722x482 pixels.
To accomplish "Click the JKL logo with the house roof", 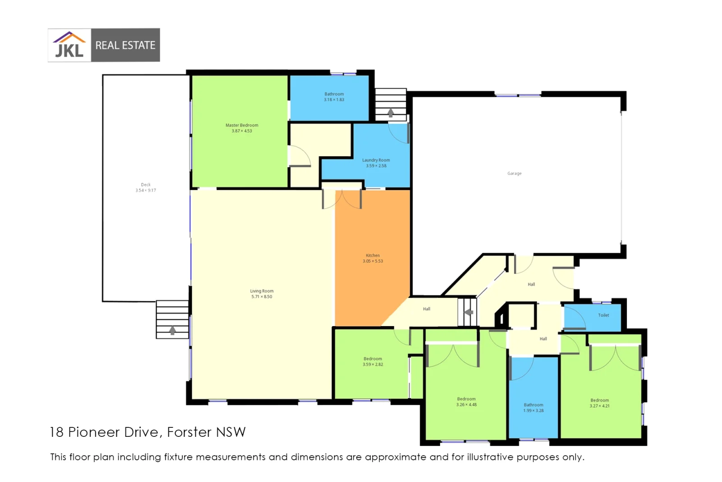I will pos(69,45).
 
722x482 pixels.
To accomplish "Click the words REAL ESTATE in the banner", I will pos(125,45).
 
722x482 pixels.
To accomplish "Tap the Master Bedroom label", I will pos(242,125).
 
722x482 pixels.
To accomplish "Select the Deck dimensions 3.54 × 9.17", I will pos(145,190).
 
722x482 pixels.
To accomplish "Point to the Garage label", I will pos(514,173).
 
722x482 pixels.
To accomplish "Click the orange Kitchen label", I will pos(373,256).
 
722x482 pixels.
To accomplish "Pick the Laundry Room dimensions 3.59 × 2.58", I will pos(376,166).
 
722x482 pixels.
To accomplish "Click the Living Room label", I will pos(262,291).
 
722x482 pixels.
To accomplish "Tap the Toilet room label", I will pos(603,315).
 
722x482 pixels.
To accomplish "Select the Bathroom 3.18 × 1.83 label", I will pos(334,97).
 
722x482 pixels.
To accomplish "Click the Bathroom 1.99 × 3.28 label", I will pos(533,407).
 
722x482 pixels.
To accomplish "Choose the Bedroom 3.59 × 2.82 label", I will pos(373,361).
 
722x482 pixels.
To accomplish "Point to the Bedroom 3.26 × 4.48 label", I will pos(466,402).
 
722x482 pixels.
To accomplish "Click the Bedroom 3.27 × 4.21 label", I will pos(599,403).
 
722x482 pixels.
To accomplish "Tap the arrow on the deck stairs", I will pos(172,331).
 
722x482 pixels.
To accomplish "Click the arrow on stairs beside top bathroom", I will pos(391,112).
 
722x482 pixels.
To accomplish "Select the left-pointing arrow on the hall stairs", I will pos(469,312).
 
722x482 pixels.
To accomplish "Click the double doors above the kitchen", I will pos(342,199).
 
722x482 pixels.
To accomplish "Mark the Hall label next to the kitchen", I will pos(426,309).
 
